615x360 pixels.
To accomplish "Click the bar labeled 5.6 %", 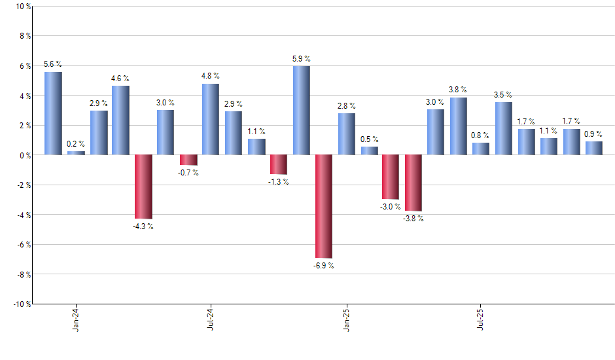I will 53,113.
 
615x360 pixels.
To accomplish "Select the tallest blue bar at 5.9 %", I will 301,110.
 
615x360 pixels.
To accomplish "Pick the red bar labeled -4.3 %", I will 143,187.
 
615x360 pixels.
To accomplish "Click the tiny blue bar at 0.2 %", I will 76,153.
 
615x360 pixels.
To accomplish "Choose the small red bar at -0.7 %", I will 188,160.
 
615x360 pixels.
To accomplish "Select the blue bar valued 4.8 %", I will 211,119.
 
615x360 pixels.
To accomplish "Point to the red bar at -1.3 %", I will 279,164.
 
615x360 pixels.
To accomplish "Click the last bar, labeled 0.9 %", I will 593,148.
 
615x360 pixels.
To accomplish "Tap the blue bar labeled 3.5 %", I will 503,128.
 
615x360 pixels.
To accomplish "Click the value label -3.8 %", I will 413,219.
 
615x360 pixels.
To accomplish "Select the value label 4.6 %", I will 120,79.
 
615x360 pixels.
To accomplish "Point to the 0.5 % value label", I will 369,139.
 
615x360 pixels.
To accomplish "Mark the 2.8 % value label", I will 347,105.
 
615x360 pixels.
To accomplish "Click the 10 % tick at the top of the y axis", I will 22,7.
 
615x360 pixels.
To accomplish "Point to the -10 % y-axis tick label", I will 20,304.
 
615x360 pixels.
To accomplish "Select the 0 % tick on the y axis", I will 24,155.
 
